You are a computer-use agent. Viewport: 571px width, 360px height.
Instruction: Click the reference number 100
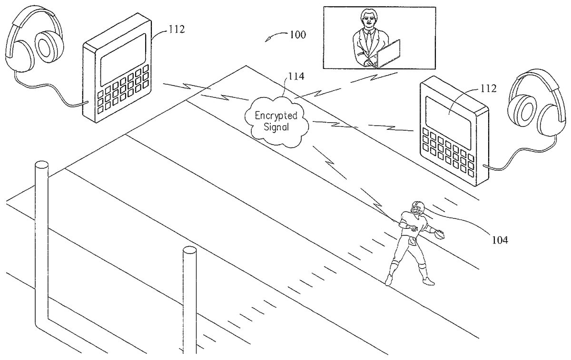(296, 35)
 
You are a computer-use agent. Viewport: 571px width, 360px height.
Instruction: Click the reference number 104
(498, 240)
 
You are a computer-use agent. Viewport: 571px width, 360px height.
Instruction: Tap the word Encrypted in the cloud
(276, 116)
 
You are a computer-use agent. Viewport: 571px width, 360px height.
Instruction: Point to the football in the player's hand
(439, 233)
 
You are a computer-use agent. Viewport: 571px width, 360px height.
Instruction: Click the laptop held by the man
(387, 53)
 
